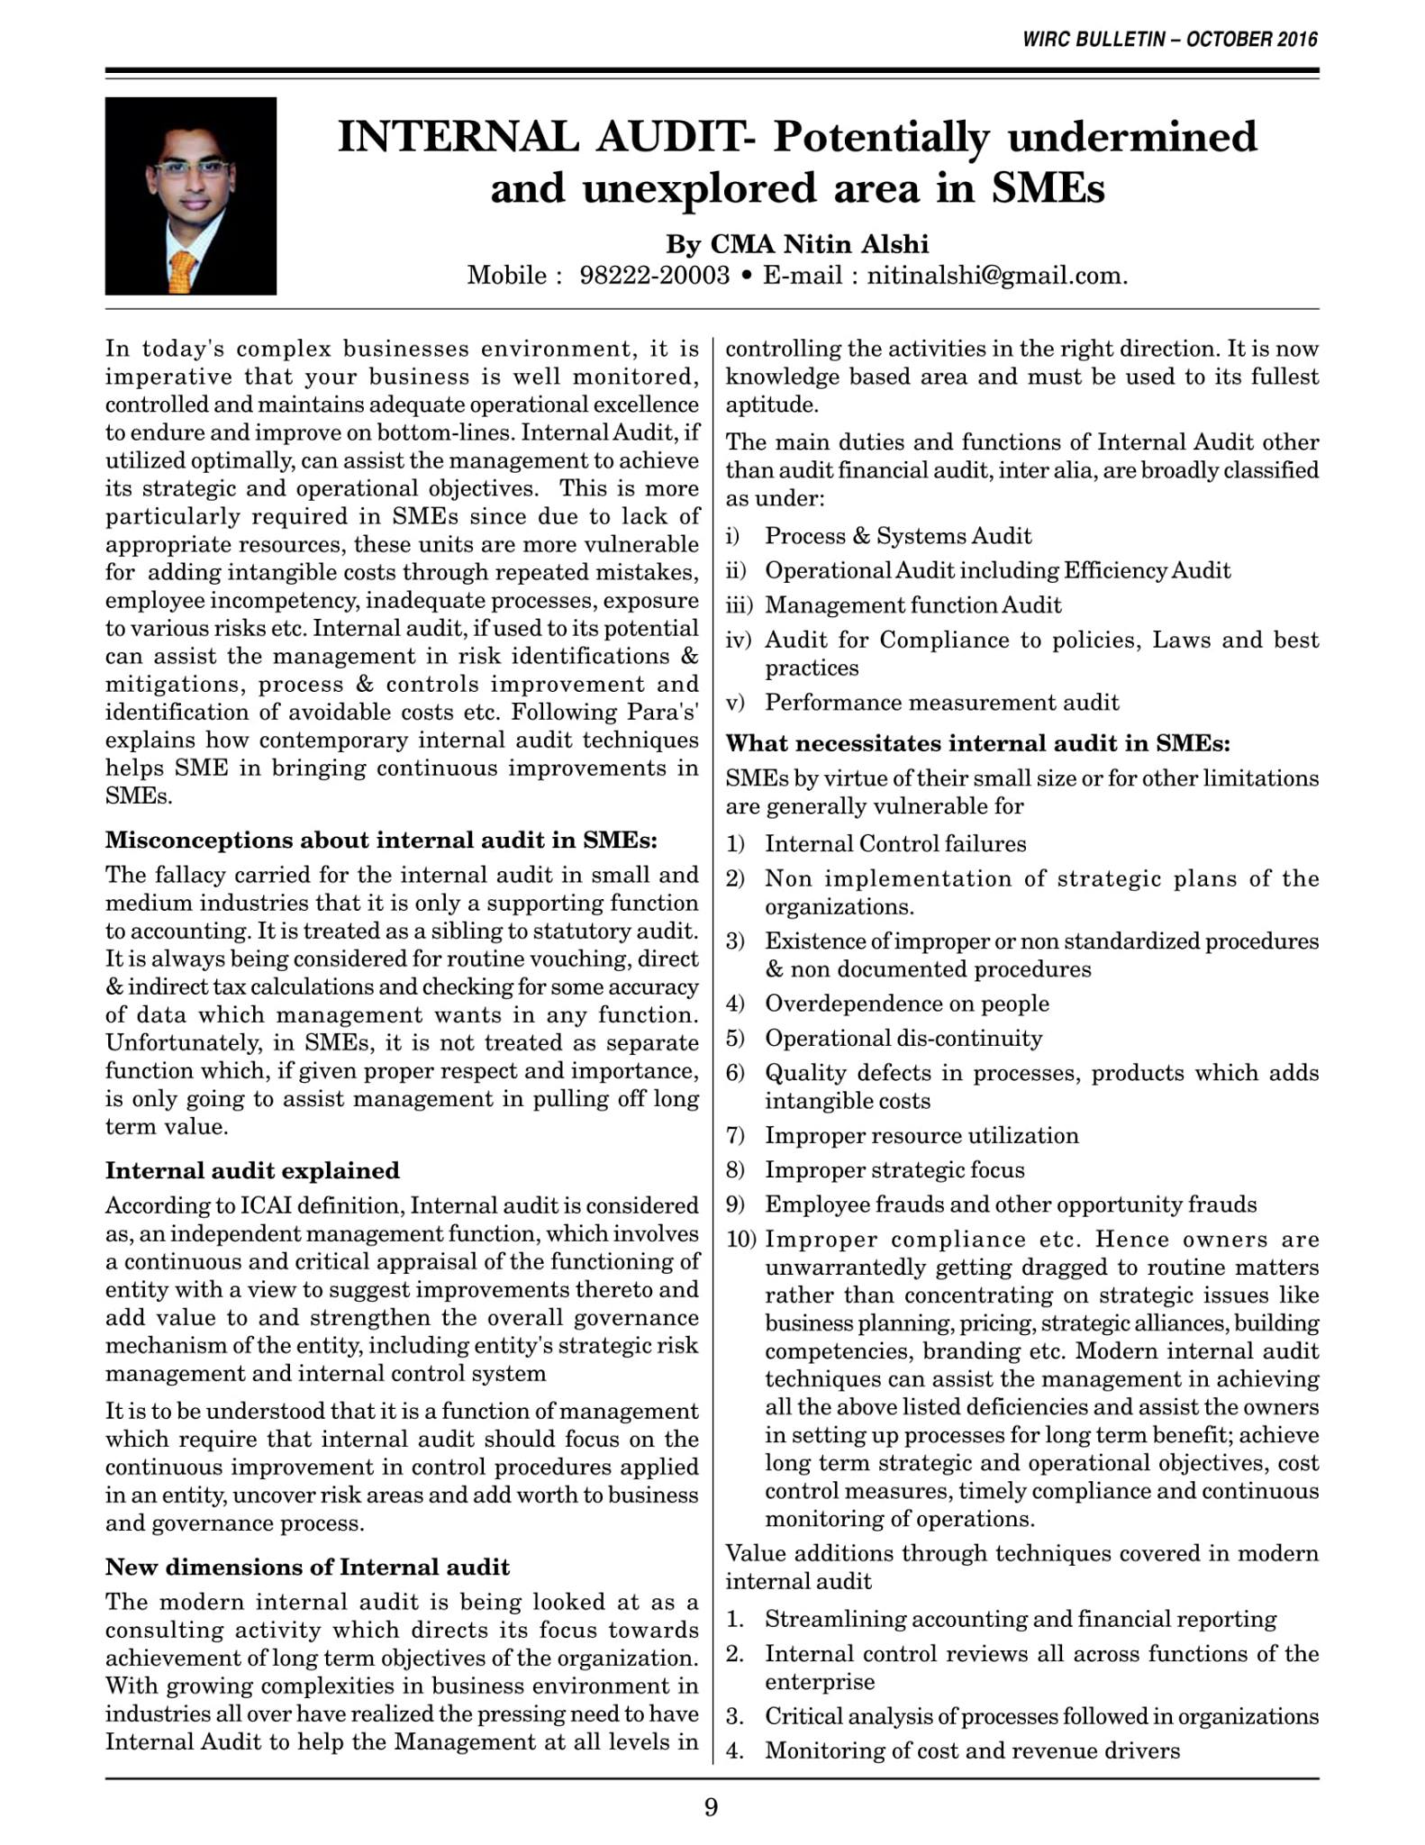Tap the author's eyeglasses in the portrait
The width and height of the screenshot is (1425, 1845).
(x=189, y=168)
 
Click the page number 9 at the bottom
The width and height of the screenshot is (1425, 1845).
(x=711, y=1807)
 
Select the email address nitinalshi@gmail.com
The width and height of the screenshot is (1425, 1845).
(x=996, y=275)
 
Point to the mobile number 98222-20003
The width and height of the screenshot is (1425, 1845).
(x=655, y=275)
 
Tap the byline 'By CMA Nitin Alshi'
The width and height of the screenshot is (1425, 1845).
(x=797, y=244)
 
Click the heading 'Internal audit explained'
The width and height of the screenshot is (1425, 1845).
(x=252, y=1170)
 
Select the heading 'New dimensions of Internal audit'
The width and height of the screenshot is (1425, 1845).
(x=307, y=1567)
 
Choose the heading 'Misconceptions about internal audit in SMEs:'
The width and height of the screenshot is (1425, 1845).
(x=381, y=840)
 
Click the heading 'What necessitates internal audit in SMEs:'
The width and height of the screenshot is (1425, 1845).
(x=977, y=743)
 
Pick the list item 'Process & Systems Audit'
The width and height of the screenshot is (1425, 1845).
(x=898, y=536)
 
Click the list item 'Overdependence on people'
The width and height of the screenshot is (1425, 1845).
(x=907, y=1003)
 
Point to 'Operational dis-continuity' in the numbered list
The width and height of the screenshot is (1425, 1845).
(x=903, y=1038)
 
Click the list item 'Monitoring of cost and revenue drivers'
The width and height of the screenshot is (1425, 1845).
(x=972, y=1750)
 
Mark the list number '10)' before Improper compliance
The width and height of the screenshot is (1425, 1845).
(x=741, y=1240)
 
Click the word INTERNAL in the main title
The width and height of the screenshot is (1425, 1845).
(x=458, y=137)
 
